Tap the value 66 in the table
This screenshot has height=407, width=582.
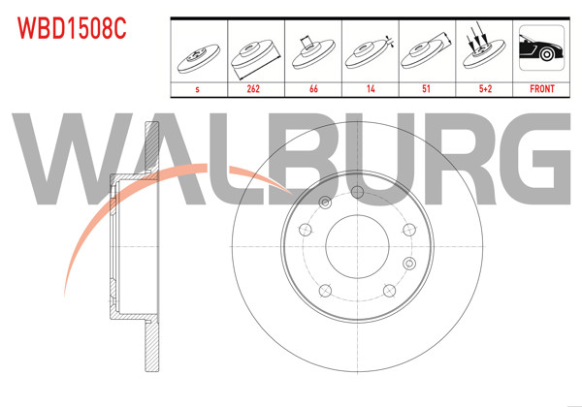point(313,88)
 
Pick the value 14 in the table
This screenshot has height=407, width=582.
point(371,88)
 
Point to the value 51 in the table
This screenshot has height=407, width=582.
point(428,88)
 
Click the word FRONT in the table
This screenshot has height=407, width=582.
point(541,88)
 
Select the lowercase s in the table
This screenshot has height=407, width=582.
point(198,88)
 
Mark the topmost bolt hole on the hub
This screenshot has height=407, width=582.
point(357,192)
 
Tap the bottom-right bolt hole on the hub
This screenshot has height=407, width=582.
point(389,288)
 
